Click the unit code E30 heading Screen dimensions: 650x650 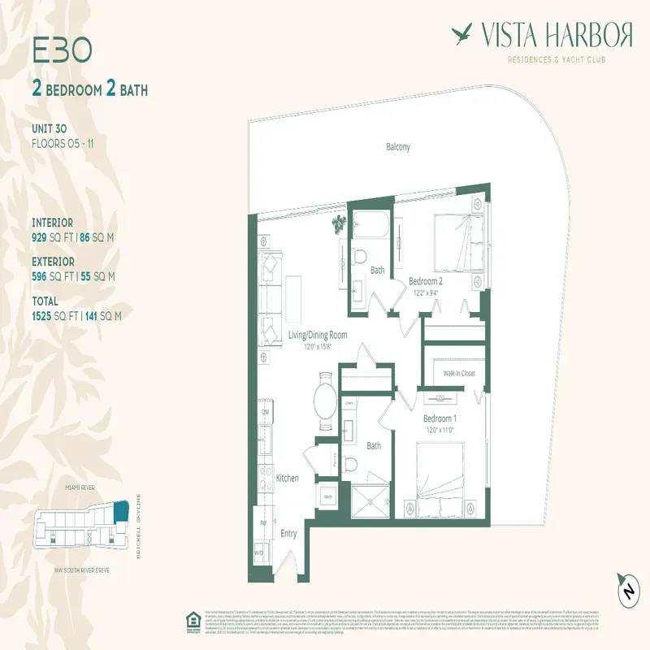(62, 50)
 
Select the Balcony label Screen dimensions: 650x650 (398, 147)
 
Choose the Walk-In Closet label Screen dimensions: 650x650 (459, 373)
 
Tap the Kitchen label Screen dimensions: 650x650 (288, 479)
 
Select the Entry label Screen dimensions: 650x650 (288, 534)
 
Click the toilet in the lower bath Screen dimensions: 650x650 (351, 464)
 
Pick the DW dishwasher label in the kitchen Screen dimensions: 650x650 (264, 412)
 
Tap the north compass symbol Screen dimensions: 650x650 (628, 591)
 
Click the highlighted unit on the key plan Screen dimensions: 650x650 (122, 512)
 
